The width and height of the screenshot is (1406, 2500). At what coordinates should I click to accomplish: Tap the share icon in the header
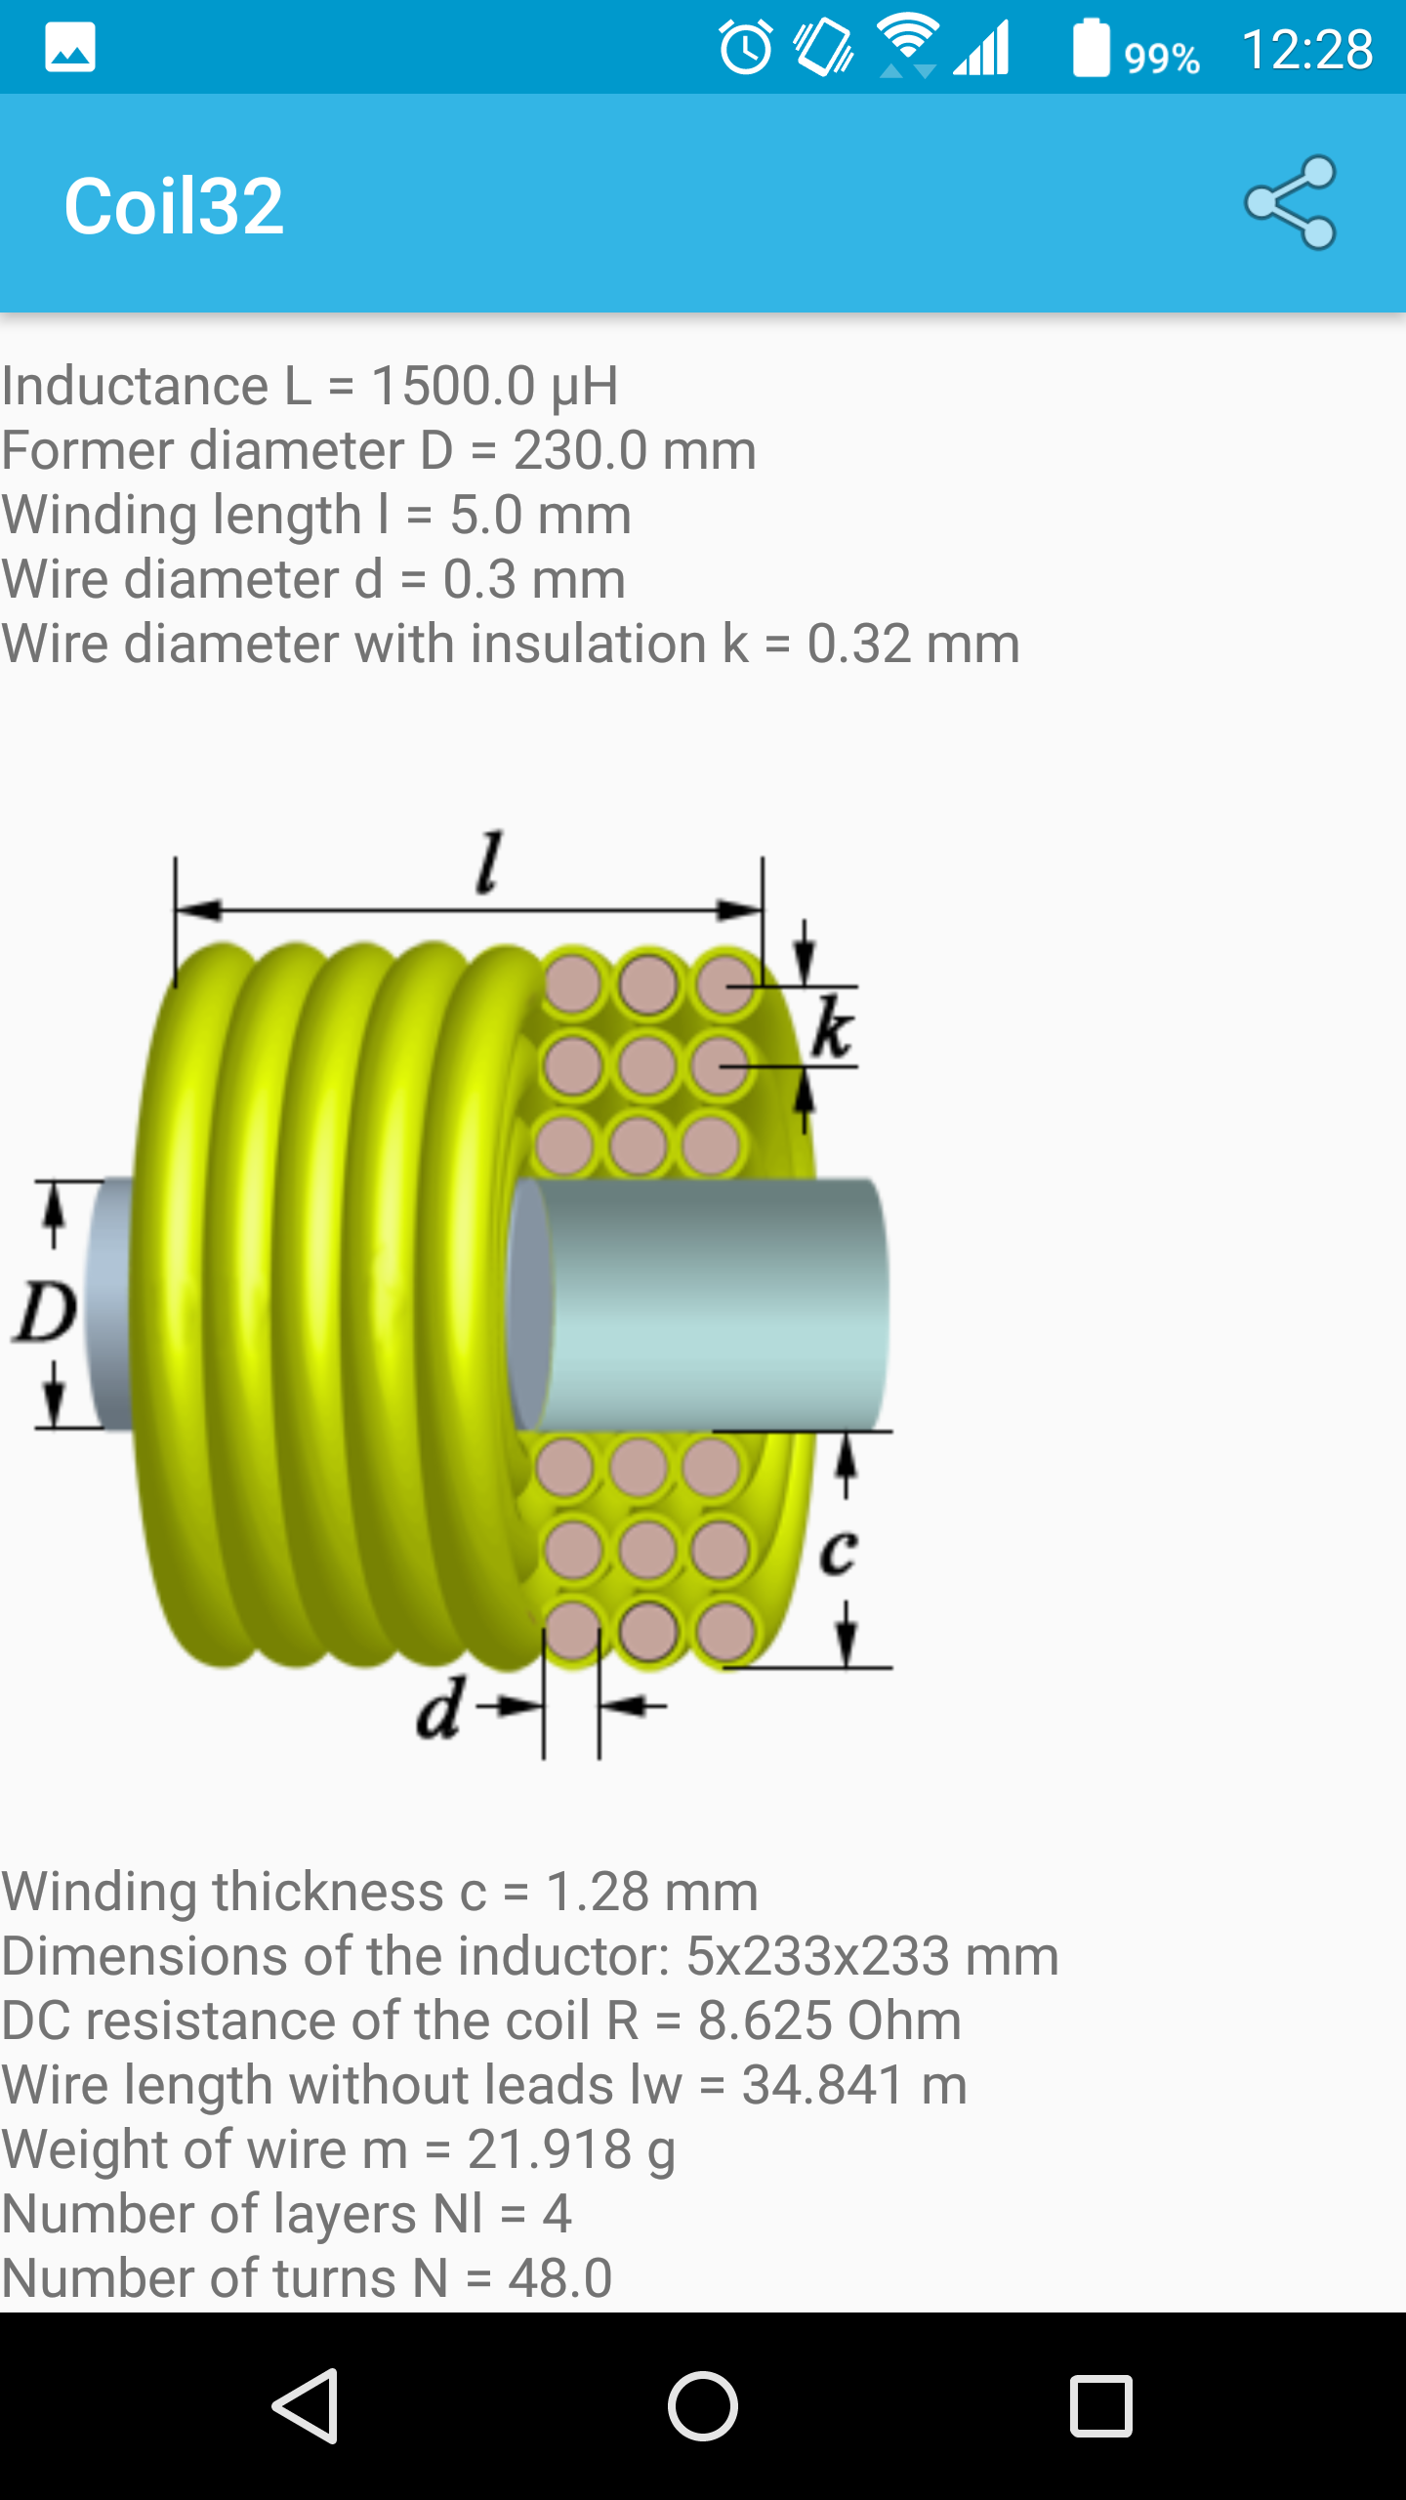1291,203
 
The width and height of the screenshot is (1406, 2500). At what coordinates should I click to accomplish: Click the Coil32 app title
174,206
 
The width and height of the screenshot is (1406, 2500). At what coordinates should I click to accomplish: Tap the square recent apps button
1100,2405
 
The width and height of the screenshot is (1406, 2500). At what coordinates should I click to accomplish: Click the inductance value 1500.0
454,385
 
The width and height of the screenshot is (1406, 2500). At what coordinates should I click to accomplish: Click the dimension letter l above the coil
488,861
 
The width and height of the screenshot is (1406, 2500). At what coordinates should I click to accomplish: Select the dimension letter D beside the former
45,1311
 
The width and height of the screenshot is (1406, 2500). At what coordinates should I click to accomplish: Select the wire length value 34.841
823,2085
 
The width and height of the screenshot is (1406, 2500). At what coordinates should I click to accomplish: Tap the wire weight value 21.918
550,2149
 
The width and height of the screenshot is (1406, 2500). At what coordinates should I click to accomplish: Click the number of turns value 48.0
559,2278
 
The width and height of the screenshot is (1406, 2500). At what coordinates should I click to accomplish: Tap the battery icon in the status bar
1092,48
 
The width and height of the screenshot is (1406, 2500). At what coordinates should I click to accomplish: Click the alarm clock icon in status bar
746,48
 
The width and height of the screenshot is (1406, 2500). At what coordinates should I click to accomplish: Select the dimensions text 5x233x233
818,1956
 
